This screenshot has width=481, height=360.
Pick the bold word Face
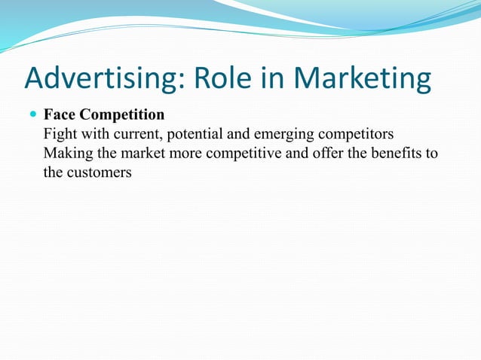point(60,115)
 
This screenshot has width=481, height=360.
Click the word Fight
point(60,135)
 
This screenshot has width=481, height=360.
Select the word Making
point(66,154)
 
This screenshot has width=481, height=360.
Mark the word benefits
point(392,154)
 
